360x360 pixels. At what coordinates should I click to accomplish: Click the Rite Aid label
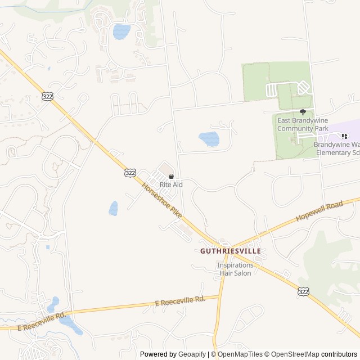[x=171, y=184]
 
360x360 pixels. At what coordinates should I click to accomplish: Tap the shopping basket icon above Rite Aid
[x=171, y=177]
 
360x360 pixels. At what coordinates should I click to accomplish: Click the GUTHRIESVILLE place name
[x=231, y=251]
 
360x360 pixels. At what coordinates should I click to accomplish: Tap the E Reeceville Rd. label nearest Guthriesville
[x=180, y=302]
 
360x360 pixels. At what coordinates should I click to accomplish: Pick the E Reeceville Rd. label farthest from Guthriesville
[x=42, y=321]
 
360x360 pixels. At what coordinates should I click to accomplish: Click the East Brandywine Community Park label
[x=303, y=124]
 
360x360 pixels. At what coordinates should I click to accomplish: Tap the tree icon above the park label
[x=303, y=112]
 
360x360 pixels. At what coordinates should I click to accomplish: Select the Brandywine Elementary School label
[x=336, y=148]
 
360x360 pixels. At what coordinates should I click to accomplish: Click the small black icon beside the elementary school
[x=344, y=136]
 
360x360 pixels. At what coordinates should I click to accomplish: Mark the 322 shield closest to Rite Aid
[x=130, y=173]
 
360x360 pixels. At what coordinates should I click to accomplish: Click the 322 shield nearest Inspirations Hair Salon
[x=304, y=291]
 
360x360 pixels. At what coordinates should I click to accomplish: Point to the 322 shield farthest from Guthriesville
[x=47, y=96]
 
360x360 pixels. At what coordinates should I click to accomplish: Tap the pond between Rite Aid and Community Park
[x=209, y=138]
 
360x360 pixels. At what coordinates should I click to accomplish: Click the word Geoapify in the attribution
[x=192, y=354]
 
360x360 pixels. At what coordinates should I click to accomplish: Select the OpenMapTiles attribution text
[x=240, y=354]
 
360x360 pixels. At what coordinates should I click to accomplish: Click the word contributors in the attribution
[x=339, y=354]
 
